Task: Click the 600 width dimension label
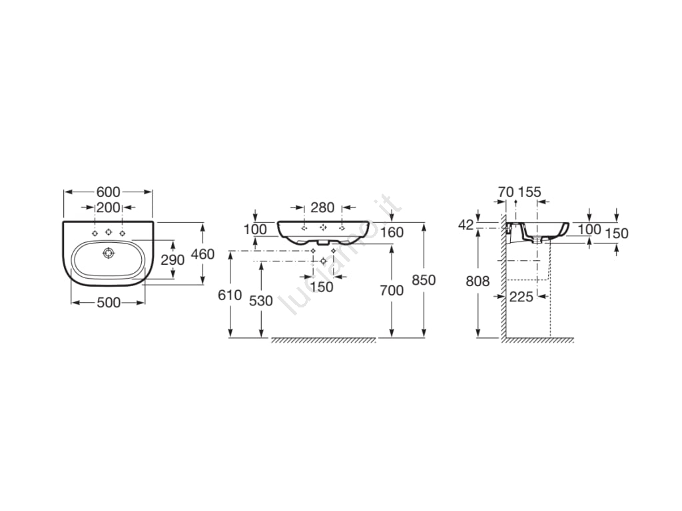coord(109,192)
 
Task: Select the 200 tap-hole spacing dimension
coord(109,208)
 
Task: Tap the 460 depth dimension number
coord(203,254)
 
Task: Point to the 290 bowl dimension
coord(172,260)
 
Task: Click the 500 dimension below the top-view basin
coord(109,303)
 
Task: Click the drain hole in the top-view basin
coord(109,252)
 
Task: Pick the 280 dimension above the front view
coord(323,208)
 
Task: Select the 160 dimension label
coord(392,232)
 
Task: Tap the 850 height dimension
coord(424,280)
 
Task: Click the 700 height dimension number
coord(392,290)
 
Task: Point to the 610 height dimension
coord(230,295)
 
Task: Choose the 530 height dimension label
coord(261,301)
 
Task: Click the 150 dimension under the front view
coord(322,287)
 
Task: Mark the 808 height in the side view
coord(478,281)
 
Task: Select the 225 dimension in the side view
coord(521,297)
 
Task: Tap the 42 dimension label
coord(466,225)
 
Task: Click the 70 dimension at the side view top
coord(506,192)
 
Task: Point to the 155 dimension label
coord(529,192)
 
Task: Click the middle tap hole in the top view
coord(109,232)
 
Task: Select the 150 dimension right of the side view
coord(617,234)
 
